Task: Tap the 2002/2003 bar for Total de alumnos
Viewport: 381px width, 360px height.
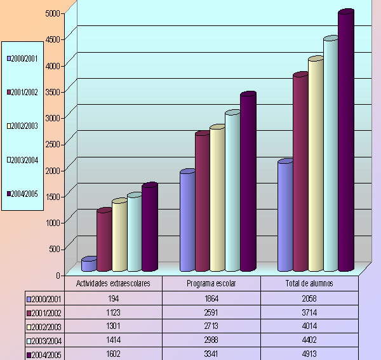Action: pyautogui.click(x=315, y=165)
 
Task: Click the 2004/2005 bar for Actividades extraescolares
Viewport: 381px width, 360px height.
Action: pyautogui.click(x=149, y=229)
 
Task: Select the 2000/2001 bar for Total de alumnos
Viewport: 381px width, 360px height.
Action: pyautogui.click(x=284, y=216)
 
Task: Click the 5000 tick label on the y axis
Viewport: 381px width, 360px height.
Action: pyautogui.click(x=53, y=13)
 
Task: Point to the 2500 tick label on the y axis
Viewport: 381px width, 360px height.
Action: pyautogui.click(x=53, y=144)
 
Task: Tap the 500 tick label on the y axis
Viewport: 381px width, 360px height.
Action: pyautogui.click(x=56, y=249)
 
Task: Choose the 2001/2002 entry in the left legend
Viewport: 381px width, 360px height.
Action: pyautogui.click(x=23, y=93)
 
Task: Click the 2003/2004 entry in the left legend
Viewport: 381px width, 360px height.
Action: pyautogui.click(x=23, y=160)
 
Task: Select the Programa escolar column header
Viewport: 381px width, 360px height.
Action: pyautogui.click(x=211, y=284)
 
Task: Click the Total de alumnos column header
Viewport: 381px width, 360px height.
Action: pyautogui.click(x=309, y=284)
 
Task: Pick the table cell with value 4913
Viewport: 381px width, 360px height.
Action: pyautogui.click(x=309, y=354)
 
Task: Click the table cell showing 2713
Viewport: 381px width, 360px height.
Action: pyautogui.click(x=211, y=326)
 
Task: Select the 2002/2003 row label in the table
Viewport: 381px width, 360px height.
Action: pyautogui.click(x=44, y=326)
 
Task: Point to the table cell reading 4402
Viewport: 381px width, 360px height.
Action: pyautogui.click(x=309, y=340)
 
